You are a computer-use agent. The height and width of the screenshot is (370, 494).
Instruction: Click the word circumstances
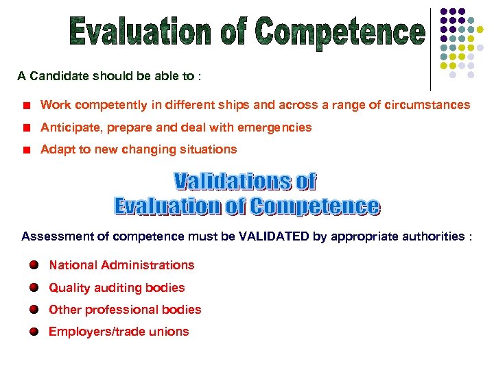(x=430, y=105)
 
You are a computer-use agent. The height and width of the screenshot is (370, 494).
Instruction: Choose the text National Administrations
(x=121, y=265)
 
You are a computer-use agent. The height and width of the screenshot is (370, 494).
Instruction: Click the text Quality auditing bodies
(x=117, y=288)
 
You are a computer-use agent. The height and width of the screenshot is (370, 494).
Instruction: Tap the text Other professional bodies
(x=125, y=310)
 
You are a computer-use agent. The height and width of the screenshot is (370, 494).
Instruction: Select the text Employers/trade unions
(x=119, y=332)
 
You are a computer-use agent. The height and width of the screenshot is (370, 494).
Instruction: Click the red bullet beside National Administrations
(x=34, y=265)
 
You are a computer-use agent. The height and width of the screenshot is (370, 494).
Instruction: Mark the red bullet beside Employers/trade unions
(x=34, y=332)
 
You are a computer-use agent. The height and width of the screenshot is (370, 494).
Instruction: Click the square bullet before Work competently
(x=25, y=106)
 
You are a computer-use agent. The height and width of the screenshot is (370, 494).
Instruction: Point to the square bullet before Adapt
(x=25, y=149)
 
